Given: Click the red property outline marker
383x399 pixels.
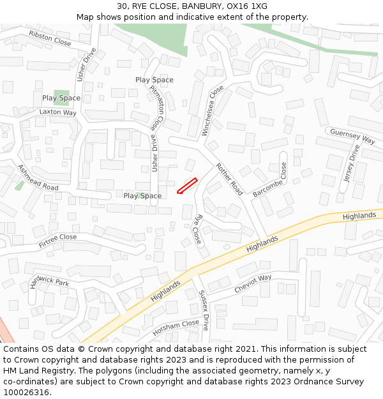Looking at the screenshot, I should pyautogui.click(x=186, y=185).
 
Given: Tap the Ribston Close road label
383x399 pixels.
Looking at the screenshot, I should pyautogui.click(x=50, y=38).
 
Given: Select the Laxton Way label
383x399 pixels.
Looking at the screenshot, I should pyautogui.click(x=57, y=112).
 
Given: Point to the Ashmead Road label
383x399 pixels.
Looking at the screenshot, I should pyautogui.click(x=38, y=178).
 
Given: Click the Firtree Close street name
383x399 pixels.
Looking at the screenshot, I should pyautogui.click(x=57, y=241).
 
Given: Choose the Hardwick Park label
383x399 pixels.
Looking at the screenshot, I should pyautogui.click(x=49, y=282).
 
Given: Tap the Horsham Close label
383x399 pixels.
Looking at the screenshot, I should pyautogui.click(x=176, y=328).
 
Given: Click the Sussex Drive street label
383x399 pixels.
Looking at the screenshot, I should pyautogui.click(x=204, y=310).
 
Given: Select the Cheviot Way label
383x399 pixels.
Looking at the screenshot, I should pyautogui.click(x=253, y=283).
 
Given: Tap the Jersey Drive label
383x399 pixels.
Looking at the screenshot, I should pyautogui.click(x=352, y=163).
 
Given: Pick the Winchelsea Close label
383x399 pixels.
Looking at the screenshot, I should pyautogui.click(x=213, y=110).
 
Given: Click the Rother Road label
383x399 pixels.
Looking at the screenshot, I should pyautogui.click(x=230, y=179).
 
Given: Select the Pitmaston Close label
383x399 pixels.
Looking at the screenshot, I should pyautogui.click(x=157, y=105).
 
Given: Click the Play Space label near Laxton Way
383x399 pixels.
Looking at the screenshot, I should pyautogui.click(x=61, y=98).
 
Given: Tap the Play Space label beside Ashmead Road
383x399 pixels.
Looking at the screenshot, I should pyautogui.click(x=142, y=196).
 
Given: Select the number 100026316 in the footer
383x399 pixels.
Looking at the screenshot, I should pyautogui.click(x=26, y=392).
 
